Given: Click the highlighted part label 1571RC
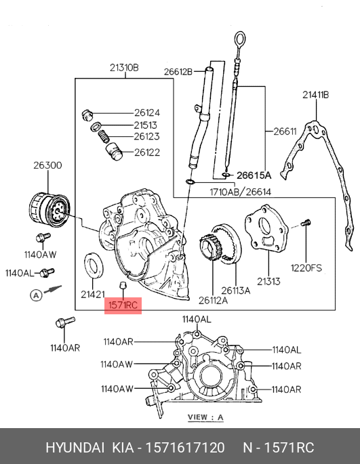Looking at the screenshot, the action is (x=123, y=305).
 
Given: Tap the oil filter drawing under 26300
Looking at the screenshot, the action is (x=49, y=209).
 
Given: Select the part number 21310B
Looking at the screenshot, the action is (x=124, y=68).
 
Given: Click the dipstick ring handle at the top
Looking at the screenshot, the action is (x=240, y=39).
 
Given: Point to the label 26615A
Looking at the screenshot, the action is (x=254, y=175).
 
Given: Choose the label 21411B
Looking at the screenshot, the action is (x=315, y=95).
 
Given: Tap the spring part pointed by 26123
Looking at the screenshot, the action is (x=104, y=136).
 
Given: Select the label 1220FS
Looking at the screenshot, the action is (x=306, y=268).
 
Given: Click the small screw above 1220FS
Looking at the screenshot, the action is (x=306, y=222).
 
